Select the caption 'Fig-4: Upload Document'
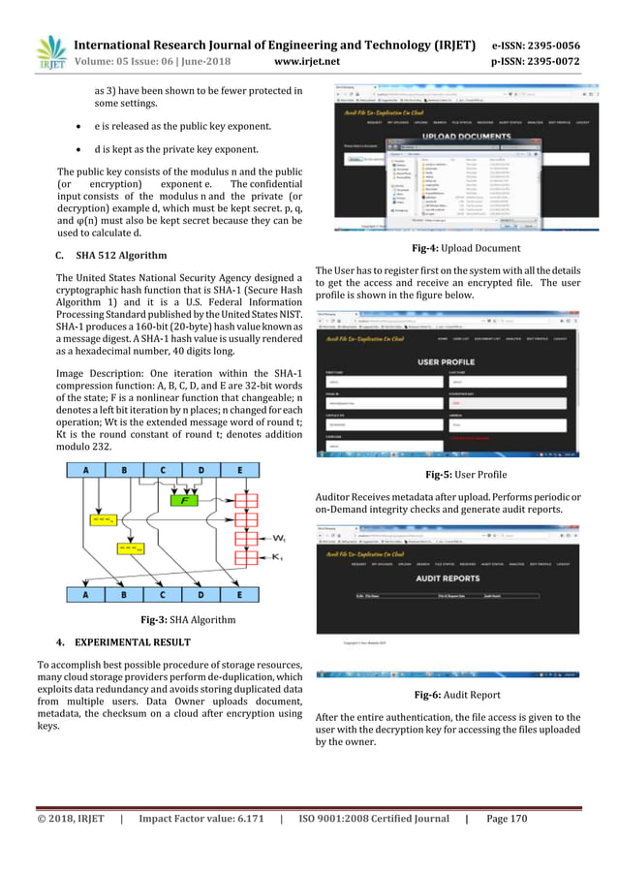click(453, 249)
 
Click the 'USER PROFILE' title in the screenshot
click(453, 361)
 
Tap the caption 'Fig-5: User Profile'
click(453, 475)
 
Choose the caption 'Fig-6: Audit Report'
click(453, 695)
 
